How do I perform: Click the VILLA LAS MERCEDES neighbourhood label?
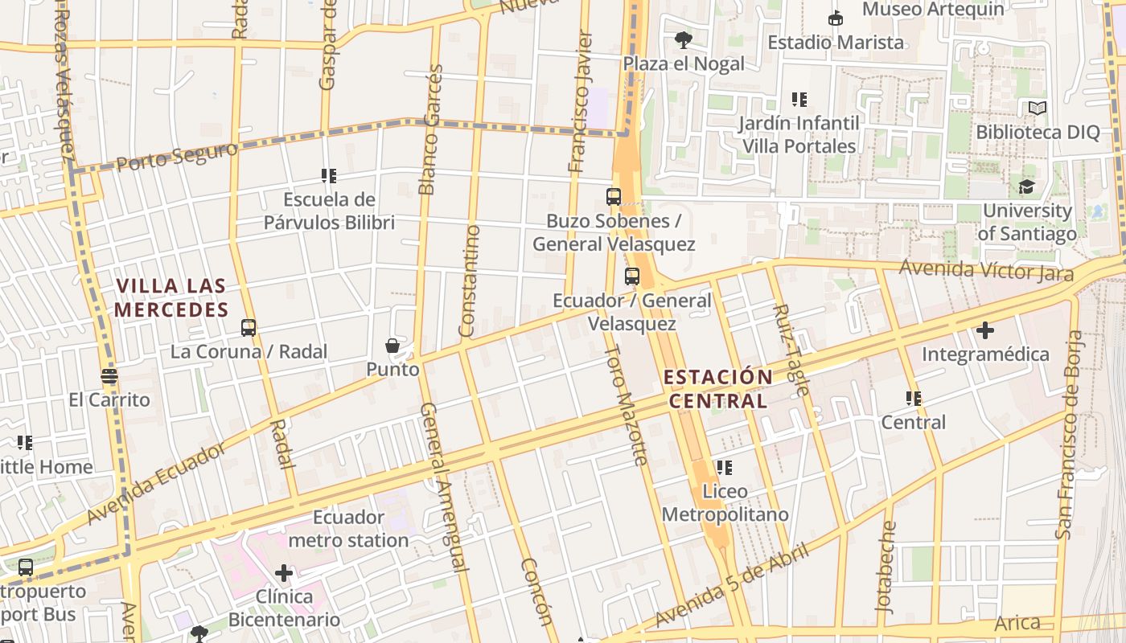pyautogui.click(x=171, y=298)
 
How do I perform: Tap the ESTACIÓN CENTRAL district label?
pyautogui.click(x=719, y=388)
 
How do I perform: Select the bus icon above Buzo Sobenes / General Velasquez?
pyautogui.click(x=614, y=197)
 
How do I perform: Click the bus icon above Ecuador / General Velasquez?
pyautogui.click(x=632, y=276)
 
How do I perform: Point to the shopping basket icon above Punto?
pyautogui.click(x=392, y=346)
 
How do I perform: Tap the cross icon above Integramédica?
pyautogui.click(x=984, y=330)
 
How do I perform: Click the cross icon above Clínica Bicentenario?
pyautogui.click(x=283, y=573)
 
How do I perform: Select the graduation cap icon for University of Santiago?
pyautogui.click(x=1026, y=187)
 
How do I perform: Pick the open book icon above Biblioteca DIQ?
pyautogui.click(x=1038, y=108)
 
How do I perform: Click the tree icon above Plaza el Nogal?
pyautogui.click(x=684, y=39)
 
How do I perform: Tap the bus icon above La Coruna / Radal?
pyautogui.click(x=249, y=328)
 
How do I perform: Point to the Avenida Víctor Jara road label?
pyautogui.click(x=986, y=270)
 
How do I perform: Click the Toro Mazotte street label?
pyautogui.click(x=626, y=405)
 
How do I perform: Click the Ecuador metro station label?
pyautogui.click(x=348, y=528)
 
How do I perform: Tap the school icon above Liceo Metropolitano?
pyautogui.click(x=724, y=467)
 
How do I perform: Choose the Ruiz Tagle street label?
pyautogui.click(x=791, y=349)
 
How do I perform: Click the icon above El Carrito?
pyautogui.click(x=109, y=375)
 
